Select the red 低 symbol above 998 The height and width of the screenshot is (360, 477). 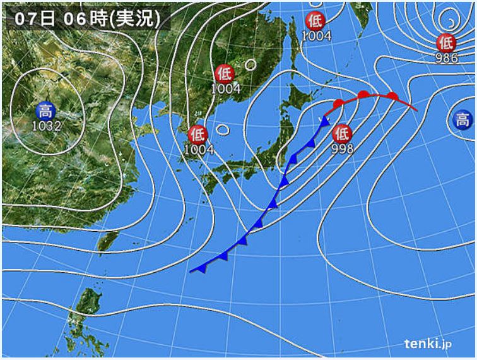point(341,134)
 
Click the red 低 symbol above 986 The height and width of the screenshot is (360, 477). point(446,43)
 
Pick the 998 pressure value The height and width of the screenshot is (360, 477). point(341,148)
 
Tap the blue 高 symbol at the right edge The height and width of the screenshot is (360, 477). point(462,119)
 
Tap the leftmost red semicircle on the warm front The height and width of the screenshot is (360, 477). point(339,104)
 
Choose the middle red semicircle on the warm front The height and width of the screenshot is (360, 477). point(363,95)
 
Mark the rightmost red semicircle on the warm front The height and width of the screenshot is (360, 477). point(392,97)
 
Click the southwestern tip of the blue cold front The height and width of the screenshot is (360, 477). point(190,272)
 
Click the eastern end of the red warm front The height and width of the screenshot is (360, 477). point(416,110)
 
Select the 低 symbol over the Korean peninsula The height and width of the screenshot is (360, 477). point(198,134)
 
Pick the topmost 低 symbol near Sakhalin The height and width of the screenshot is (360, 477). point(316,21)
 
